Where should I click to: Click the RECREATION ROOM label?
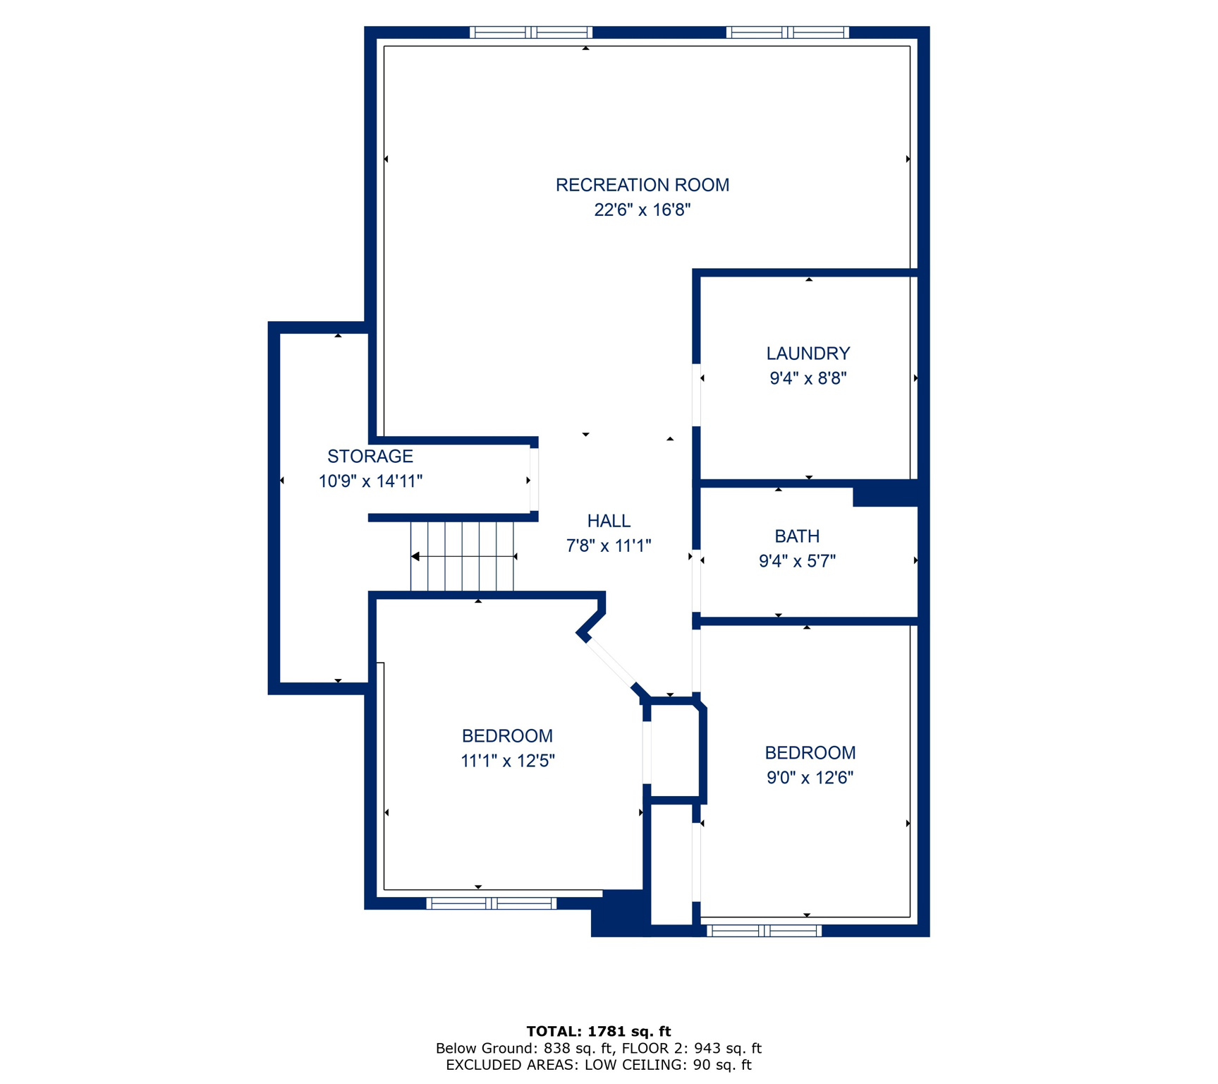[642, 185]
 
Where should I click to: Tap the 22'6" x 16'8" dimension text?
[642, 210]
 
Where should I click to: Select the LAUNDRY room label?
[808, 353]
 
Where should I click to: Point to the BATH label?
[796, 536]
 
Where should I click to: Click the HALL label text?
[608, 521]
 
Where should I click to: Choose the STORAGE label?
[370, 456]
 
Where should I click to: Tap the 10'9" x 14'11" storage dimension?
[370, 481]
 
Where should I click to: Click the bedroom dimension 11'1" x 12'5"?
[507, 761]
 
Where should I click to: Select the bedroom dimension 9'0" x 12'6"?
[810, 778]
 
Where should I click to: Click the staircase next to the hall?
[462, 556]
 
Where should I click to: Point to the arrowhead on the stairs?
[415, 556]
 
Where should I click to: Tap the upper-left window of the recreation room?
[530, 32]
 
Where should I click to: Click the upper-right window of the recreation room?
[786, 32]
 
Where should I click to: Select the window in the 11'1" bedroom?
[491, 903]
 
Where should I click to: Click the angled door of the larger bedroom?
[611, 663]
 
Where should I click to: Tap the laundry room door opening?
[696, 395]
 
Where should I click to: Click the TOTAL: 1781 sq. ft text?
[598, 1031]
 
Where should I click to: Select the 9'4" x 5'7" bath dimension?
[796, 561]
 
